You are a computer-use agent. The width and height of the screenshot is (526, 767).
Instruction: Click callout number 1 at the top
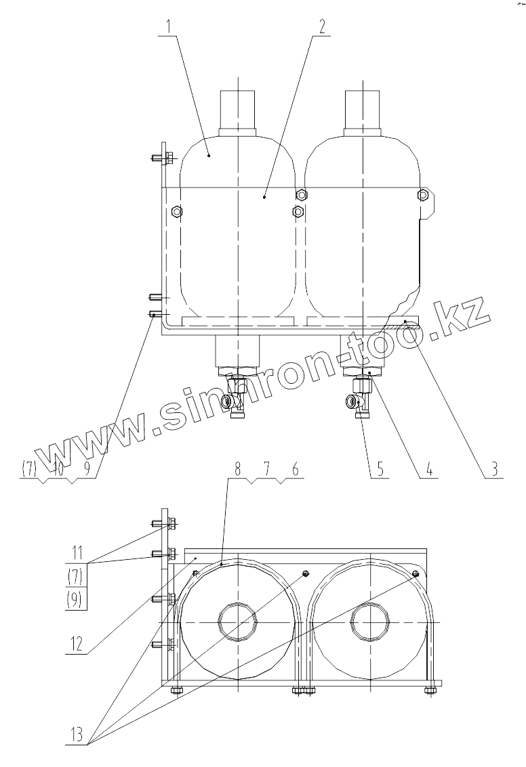[169, 26]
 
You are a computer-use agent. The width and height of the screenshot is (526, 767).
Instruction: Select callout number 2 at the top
[322, 27]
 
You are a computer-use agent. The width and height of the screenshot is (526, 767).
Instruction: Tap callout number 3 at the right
[495, 469]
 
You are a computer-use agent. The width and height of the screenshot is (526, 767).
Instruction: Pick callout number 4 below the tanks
[428, 469]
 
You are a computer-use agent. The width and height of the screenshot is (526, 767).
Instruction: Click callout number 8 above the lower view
[295, 469]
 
